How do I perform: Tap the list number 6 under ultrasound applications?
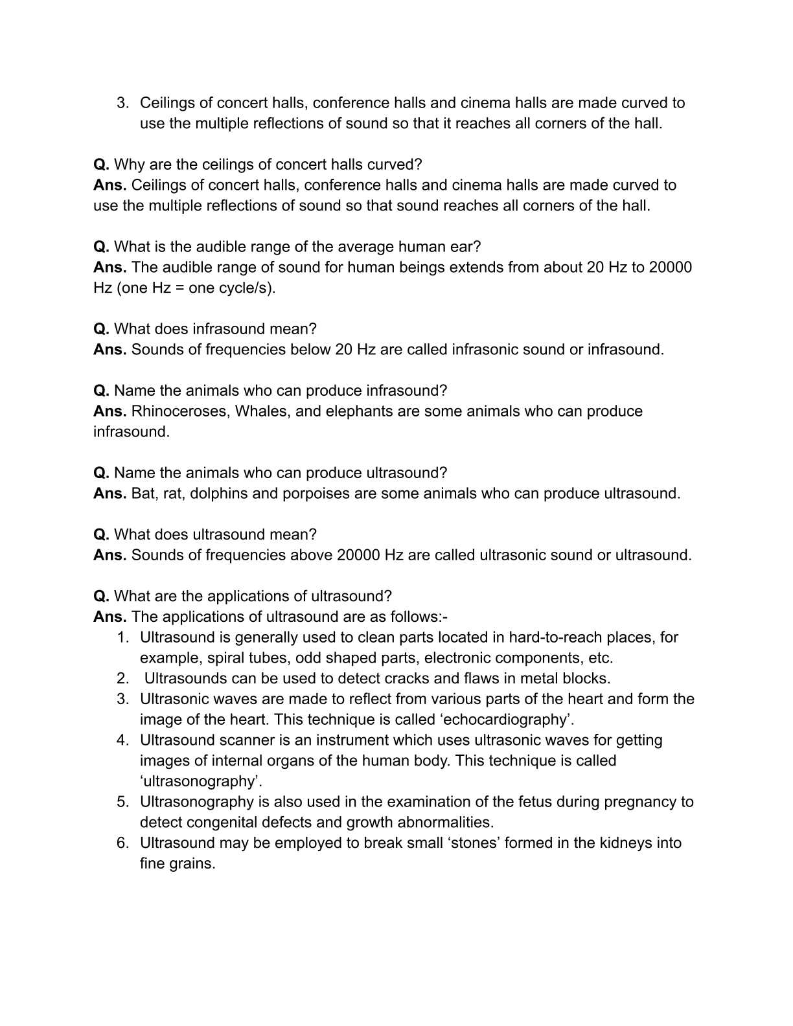(123, 843)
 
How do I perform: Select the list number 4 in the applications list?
(123, 740)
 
